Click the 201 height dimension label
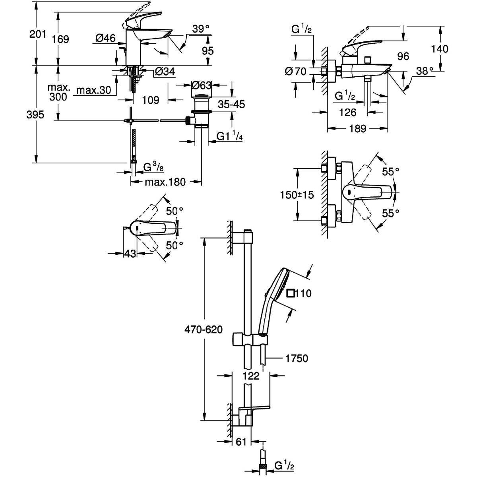[38, 34]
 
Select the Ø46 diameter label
[106, 38]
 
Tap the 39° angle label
[201, 29]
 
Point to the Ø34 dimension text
[165, 72]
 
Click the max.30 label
[94, 90]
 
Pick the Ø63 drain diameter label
[202, 85]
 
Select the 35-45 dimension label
[231, 104]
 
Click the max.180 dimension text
[165, 182]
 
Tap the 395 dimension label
[35, 114]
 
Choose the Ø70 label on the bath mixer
[296, 72]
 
